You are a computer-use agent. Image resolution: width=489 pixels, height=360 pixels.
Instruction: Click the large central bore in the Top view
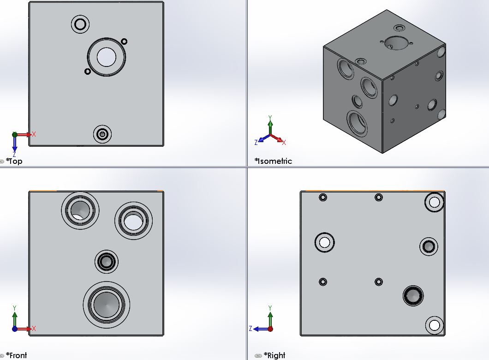point(107,56)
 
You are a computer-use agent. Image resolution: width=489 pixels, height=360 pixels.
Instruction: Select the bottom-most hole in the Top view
point(102,134)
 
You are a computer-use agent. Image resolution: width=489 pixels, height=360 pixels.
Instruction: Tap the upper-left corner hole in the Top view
point(80,24)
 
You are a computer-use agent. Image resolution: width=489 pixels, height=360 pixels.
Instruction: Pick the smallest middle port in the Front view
point(107,262)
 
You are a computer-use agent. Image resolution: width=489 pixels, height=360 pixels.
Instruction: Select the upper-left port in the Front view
point(80,210)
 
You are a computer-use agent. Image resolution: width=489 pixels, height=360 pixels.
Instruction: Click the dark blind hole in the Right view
point(413,295)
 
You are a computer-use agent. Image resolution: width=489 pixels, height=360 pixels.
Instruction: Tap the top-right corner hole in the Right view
point(434,202)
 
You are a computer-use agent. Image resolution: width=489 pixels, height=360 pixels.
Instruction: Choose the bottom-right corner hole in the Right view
point(434,325)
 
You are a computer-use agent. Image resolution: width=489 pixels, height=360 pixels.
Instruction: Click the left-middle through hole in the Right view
point(324,242)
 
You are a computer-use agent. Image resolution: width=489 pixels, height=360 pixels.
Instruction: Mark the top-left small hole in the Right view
point(323,198)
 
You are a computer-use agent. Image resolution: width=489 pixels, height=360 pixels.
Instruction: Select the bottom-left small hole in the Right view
point(323,282)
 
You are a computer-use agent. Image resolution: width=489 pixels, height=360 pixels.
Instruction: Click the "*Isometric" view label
point(273,161)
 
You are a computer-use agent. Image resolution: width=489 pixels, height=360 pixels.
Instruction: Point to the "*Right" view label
point(274,355)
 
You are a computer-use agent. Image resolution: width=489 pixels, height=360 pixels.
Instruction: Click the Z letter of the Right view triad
point(250,329)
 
